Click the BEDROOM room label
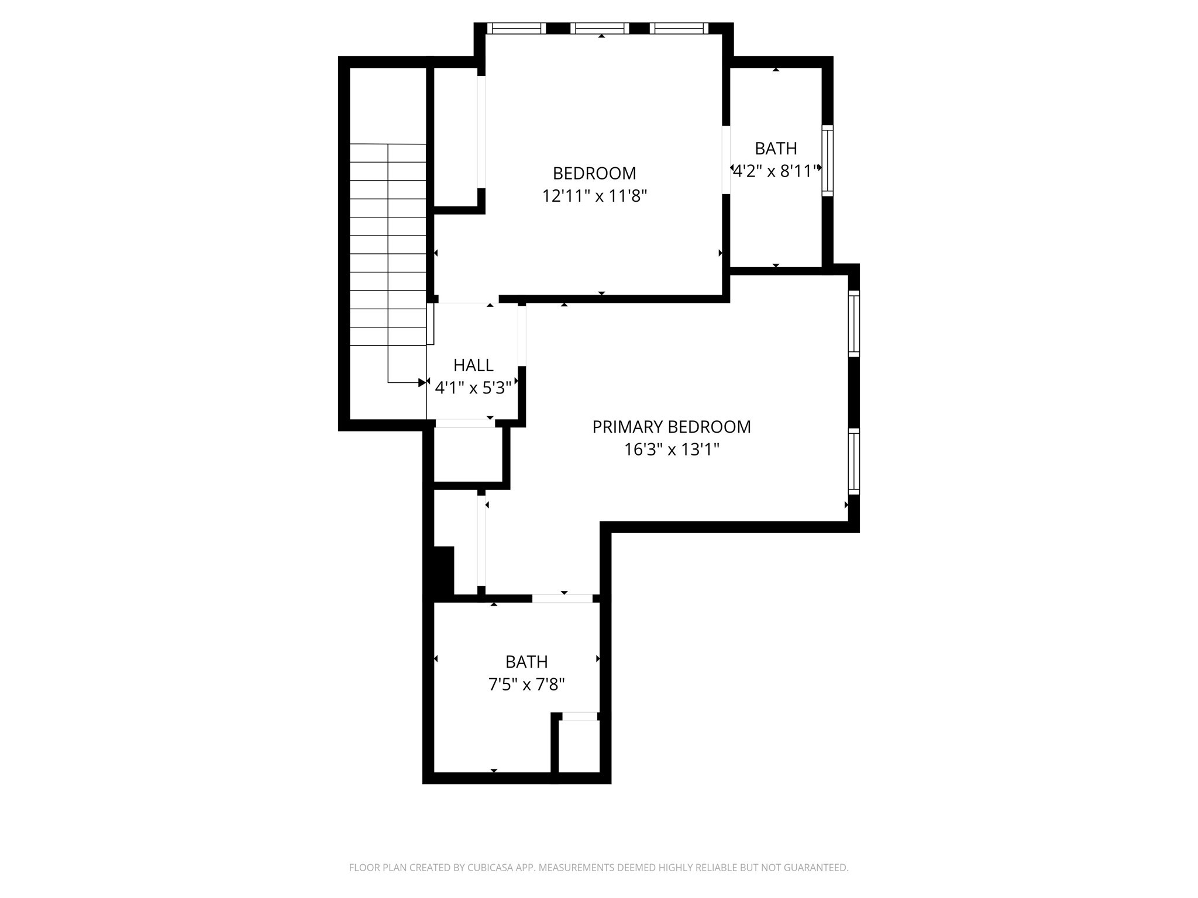(594, 173)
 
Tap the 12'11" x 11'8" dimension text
(594, 196)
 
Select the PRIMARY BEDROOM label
(671, 427)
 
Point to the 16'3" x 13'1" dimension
(671, 450)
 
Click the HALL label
(473, 365)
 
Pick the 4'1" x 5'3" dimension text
(473, 387)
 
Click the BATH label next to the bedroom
(776, 148)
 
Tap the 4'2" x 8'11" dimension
(776, 171)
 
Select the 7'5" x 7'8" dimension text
(526, 684)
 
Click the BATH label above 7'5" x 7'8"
(526, 662)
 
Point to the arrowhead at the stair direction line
(422, 383)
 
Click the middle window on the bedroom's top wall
(600, 28)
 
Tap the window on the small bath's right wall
(827, 160)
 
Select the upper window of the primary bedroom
(854, 323)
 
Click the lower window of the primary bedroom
(854, 461)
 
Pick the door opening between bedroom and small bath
(726, 160)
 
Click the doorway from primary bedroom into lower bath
(562, 598)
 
